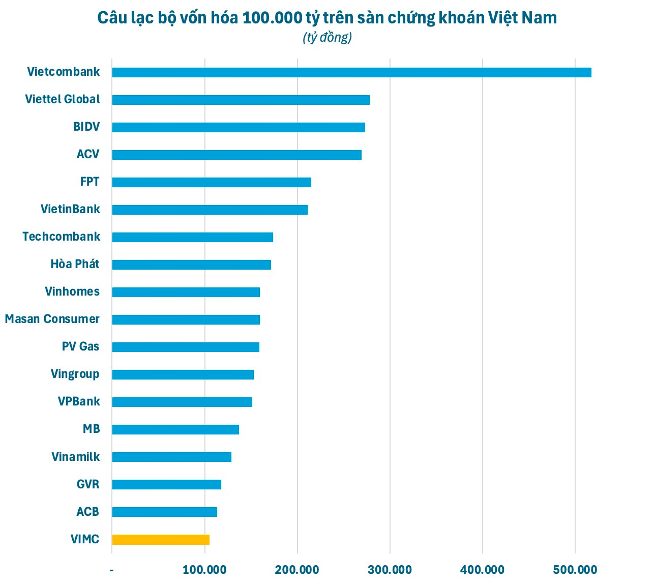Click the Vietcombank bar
[x=351, y=72]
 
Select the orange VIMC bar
[x=161, y=540]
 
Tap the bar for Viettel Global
[x=241, y=100]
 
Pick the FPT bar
[x=212, y=182]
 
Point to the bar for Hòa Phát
[x=191, y=265]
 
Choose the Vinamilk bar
[x=171, y=457]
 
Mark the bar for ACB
[x=164, y=512]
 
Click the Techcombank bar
[x=192, y=237]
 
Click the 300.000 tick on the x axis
[x=390, y=570]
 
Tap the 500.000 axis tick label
[x=575, y=570]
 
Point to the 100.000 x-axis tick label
[x=204, y=570]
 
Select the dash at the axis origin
[x=112, y=570]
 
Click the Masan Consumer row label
[x=52, y=319]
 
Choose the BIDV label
[x=86, y=127]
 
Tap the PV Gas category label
[x=80, y=346]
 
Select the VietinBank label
[x=70, y=209]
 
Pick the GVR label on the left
[x=87, y=484]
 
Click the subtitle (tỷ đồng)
[x=327, y=38]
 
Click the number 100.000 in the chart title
[x=272, y=18]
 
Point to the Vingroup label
[x=75, y=374]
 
